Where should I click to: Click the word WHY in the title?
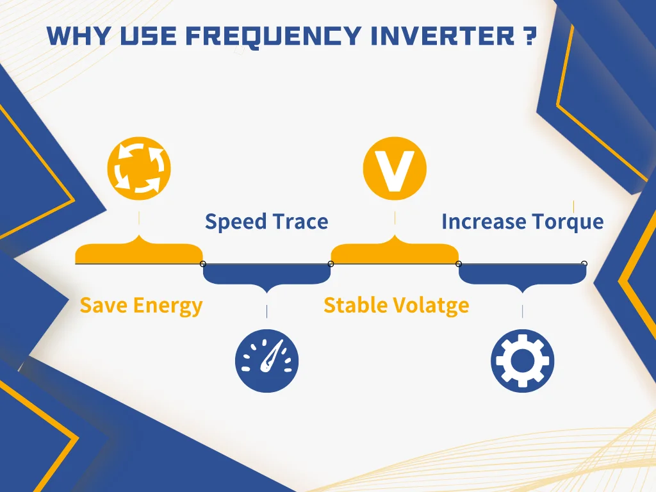79,36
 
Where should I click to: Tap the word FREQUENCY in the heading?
274,37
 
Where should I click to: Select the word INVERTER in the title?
443,36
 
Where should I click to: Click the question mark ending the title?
530,36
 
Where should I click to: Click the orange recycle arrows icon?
139,168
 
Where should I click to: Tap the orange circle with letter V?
395,168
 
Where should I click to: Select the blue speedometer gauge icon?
267,361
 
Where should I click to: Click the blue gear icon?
523,361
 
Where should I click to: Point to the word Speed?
236,222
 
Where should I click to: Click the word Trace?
300,221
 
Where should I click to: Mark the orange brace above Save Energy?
139,251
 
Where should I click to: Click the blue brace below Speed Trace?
267,276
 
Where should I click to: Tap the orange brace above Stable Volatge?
395,251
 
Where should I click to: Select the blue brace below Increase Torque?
523,276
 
